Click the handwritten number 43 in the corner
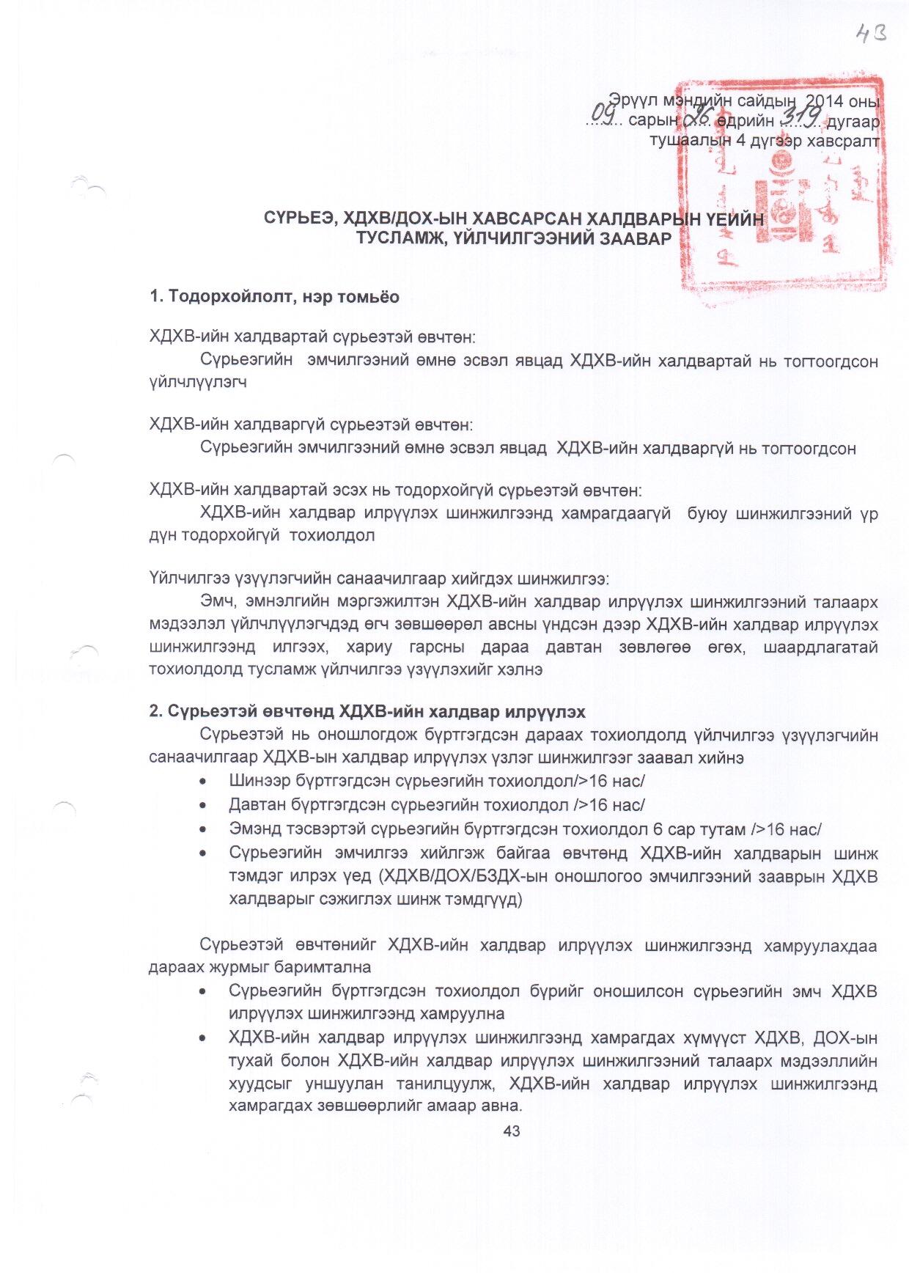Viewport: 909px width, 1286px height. [871, 34]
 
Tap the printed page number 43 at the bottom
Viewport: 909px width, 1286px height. [512, 1131]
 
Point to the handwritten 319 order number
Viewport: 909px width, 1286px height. [801, 116]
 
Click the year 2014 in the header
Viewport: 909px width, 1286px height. [825, 100]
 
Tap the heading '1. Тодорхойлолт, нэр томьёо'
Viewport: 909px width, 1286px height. [274, 296]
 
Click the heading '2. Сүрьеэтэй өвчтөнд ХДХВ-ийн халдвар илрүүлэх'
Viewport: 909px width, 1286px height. [367, 711]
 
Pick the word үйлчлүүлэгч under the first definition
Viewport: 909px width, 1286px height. [198, 382]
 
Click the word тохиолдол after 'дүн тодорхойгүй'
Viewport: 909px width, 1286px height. [332, 535]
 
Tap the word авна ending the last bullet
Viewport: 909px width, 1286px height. [503, 1106]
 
